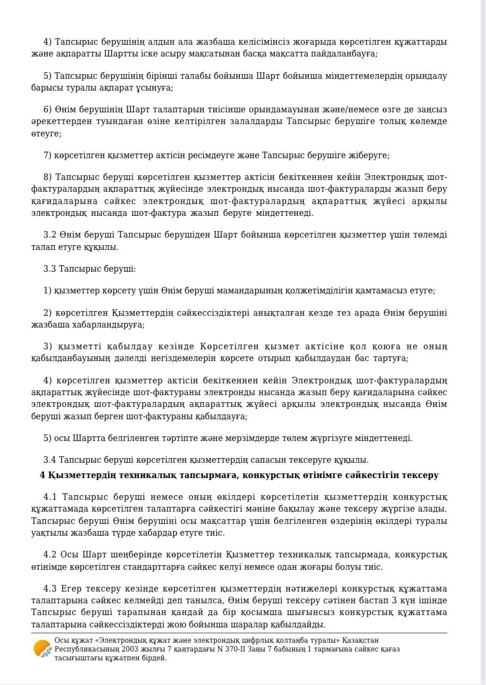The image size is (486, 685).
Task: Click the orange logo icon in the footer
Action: click(x=42, y=649)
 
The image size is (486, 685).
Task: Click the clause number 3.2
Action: click(x=50, y=235)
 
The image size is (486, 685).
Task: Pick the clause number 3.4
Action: click(x=50, y=460)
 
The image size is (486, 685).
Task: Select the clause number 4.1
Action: click(x=50, y=497)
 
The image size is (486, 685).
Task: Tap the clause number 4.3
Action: click(x=50, y=589)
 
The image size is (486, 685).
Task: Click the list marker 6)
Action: click(x=48, y=109)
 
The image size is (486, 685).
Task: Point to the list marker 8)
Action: click(x=48, y=178)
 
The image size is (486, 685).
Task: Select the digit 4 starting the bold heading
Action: click(x=42, y=475)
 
